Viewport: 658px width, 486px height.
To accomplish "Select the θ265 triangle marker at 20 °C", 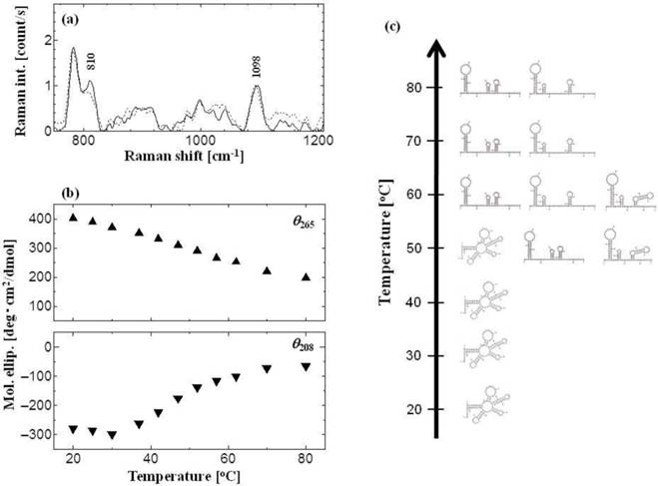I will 73,218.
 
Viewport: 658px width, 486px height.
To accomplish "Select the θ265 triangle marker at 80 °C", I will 306,277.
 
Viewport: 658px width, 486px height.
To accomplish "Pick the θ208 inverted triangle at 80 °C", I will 306,367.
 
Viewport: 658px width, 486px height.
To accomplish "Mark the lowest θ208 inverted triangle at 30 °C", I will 112,435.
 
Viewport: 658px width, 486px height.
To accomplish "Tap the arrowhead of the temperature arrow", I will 435,48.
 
